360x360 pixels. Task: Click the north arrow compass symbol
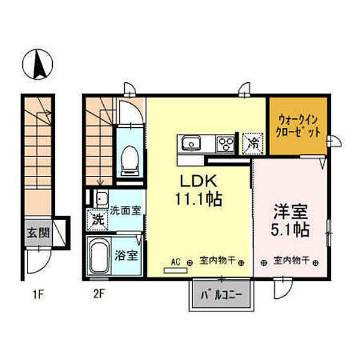click(38, 65)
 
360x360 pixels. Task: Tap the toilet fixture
click(130, 161)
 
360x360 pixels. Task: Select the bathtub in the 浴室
click(99, 256)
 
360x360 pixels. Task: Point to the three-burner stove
click(226, 144)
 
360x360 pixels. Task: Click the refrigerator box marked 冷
click(253, 143)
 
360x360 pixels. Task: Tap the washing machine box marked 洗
click(98, 220)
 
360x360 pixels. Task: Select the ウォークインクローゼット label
click(298, 126)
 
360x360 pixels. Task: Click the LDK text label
click(199, 181)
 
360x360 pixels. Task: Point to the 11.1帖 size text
click(199, 199)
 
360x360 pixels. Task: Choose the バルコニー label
click(221, 295)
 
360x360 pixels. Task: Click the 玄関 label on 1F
click(38, 233)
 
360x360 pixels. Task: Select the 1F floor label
click(38, 295)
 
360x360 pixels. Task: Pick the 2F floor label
click(99, 295)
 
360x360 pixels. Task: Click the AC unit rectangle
click(175, 271)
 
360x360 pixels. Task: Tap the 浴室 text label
click(126, 256)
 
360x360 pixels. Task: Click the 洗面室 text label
click(125, 211)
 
